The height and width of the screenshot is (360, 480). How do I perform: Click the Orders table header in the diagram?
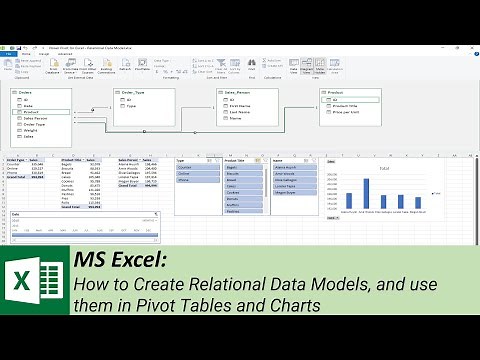[28, 91]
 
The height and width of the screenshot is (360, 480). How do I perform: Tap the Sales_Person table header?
[237, 91]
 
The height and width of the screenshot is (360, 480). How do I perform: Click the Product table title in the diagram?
[338, 91]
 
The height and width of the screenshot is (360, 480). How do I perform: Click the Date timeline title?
[14, 214]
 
